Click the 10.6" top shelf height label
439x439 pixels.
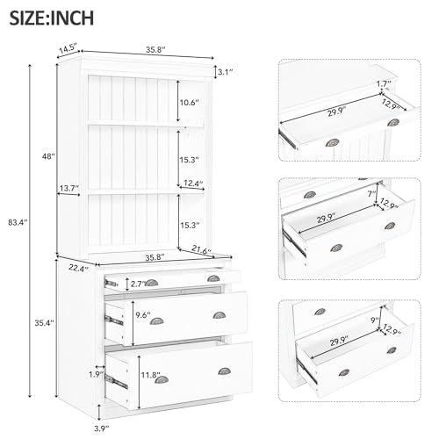click(189, 103)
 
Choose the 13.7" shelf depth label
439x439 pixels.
click(70, 189)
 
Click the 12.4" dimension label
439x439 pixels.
click(193, 183)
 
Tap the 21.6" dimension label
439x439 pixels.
click(202, 252)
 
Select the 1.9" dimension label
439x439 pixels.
click(95, 374)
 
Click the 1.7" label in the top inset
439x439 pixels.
click(383, 84)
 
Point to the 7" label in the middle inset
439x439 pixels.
click(372, 192)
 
